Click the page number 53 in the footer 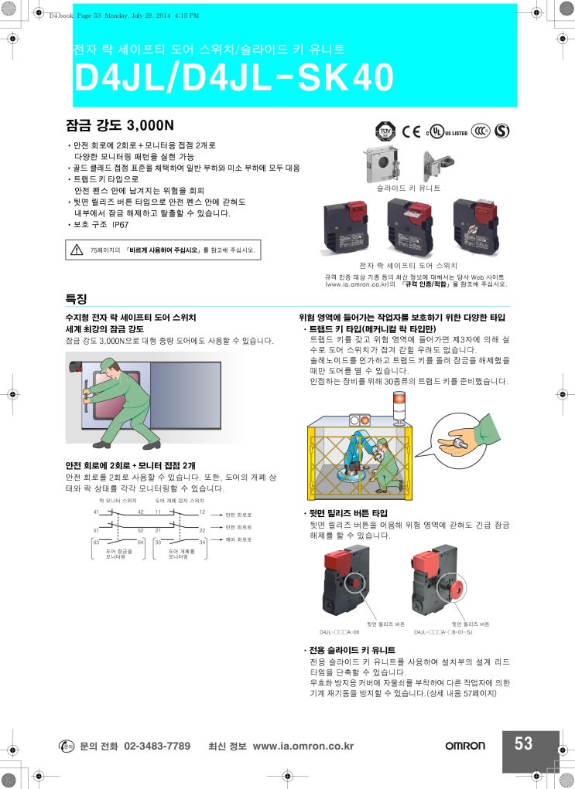[524, 743]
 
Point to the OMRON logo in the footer [465, 746]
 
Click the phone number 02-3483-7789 [157, 746]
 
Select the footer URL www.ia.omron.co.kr [303, 746]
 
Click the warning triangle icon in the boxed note [77, 250]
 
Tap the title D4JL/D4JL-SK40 [233, 78]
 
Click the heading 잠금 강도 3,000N [120, 124]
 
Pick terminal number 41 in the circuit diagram [96, 512]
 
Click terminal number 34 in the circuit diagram [203, 542]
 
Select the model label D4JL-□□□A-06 [340, 631]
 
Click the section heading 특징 [76, 298]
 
